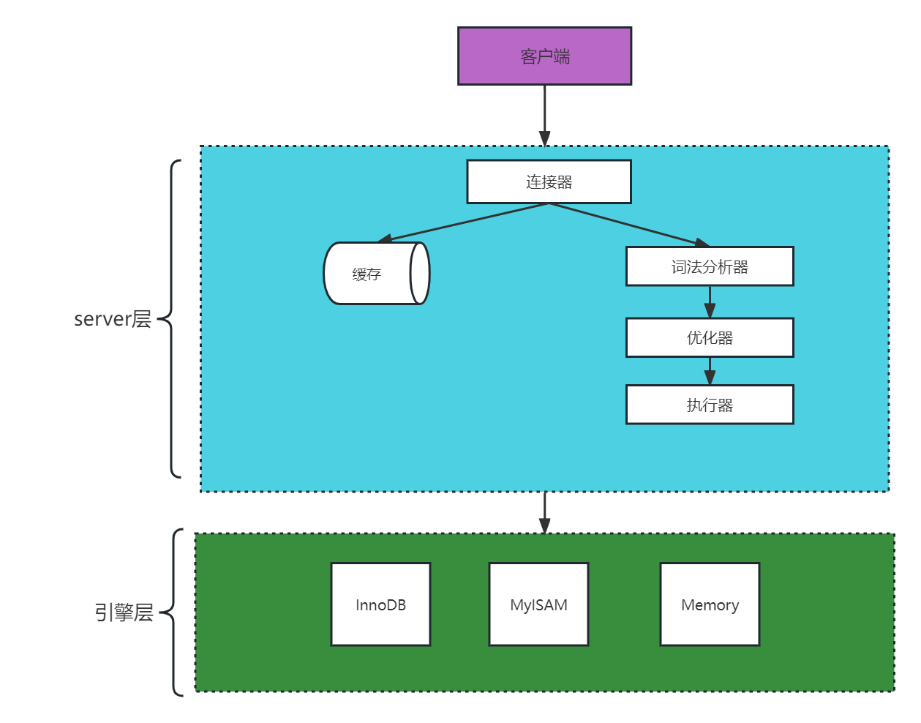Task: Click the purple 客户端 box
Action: pos(544,56)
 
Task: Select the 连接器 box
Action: pos(549,181)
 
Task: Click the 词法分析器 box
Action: pos(710,266)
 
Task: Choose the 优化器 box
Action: pos(710,337)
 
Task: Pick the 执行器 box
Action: pos(710,405)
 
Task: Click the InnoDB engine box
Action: pos(380,604)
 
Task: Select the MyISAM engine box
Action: pos(538,604)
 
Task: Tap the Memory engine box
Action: pos(710,604)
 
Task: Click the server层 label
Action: pos(113,319)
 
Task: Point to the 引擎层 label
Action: pos(124,613)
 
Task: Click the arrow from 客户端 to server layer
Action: pos(544,116)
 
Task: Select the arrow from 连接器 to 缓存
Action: pos(465,223)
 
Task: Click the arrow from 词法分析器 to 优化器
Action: pos(710,301)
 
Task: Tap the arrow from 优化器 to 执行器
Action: pos(710,371)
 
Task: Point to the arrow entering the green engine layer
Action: pos(544,512)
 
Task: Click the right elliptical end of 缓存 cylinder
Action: pos(420,274)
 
